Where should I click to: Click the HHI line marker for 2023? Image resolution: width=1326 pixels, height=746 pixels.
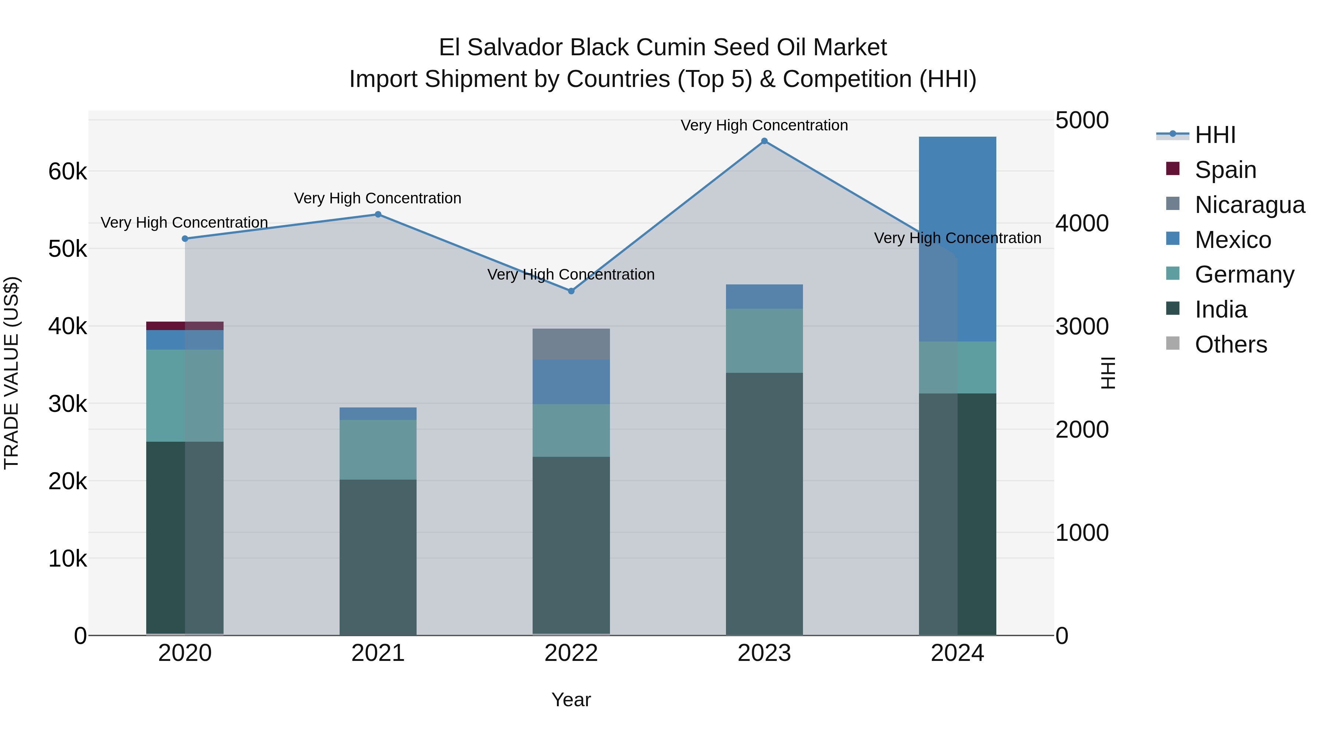(x=764, y=141)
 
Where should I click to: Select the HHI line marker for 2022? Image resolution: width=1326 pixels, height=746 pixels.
(x=571, y=291)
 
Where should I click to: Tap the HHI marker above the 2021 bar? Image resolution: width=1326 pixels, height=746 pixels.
(x=378, y=214)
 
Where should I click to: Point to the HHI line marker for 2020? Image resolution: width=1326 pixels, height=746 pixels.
(x=185, y=238)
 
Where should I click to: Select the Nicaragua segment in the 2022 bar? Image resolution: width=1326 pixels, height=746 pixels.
(x=571, y=344)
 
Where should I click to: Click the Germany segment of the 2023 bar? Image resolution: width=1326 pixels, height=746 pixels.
(x=764, y=340)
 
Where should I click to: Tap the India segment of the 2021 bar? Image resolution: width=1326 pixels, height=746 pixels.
(x=378, y=556)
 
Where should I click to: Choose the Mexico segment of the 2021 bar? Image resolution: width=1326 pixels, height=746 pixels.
(x=378, y=413)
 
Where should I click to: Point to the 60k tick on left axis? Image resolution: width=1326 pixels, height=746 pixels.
(x=67, y=171)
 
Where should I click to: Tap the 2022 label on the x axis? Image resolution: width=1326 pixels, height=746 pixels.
(x=571, y=653)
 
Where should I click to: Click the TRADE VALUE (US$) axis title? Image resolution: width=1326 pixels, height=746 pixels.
(x=11, y=373)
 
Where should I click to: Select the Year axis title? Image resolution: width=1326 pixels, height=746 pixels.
(x=571, y=700)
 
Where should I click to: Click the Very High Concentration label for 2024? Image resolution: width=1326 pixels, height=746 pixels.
(x=957, y=238)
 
